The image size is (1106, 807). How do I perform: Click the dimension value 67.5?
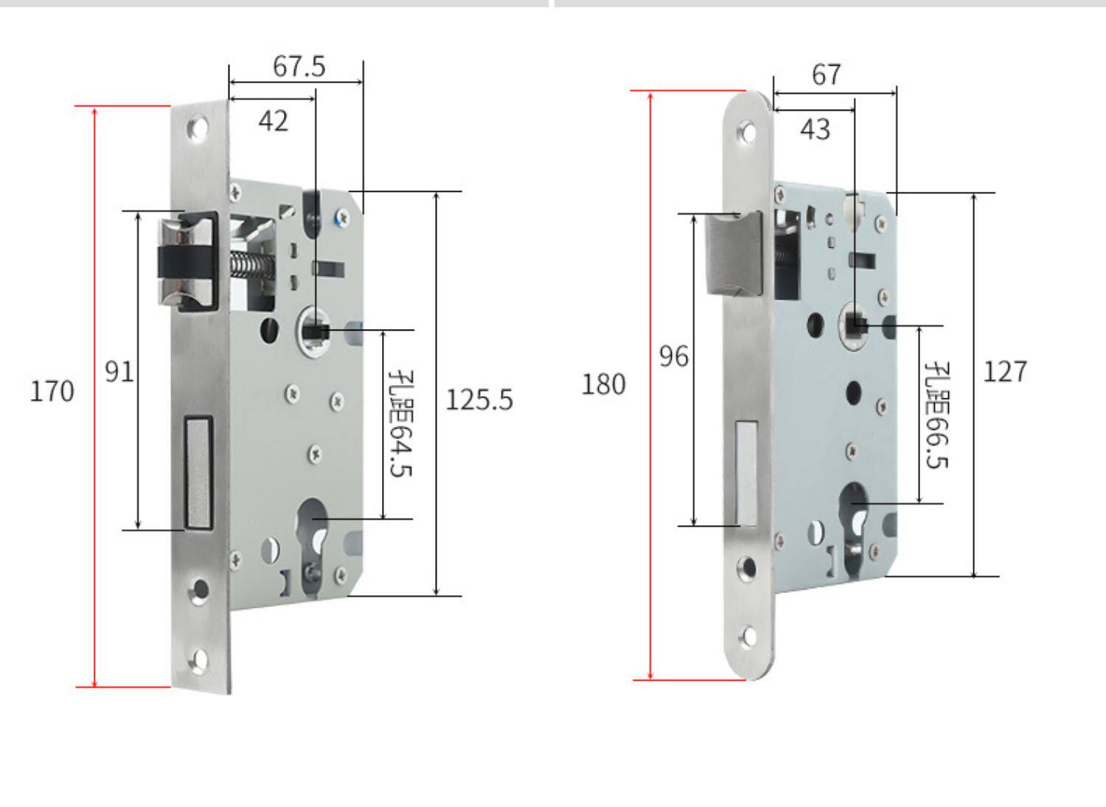[299, 66]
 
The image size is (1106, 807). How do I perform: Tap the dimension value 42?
[273, 121]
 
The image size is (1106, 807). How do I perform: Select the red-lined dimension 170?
[52, 391]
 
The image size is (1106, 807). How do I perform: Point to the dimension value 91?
[119, 371]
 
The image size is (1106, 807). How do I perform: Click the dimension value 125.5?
[479, 400]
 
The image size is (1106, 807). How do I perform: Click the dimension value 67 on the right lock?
[826, 75]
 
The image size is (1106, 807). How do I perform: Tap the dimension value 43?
[815, 130]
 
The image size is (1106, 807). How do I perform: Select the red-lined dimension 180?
[603, 384]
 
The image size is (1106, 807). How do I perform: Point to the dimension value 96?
[673, 357]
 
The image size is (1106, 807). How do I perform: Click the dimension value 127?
[1004, 371]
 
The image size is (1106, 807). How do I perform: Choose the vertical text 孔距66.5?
[936, 415]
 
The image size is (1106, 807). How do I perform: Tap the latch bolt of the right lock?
[732, 252]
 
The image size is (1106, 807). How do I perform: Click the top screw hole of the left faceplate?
[197, 130]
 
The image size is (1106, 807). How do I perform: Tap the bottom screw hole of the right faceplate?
[748, 636]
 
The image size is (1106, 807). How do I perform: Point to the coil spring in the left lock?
[251, 264]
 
